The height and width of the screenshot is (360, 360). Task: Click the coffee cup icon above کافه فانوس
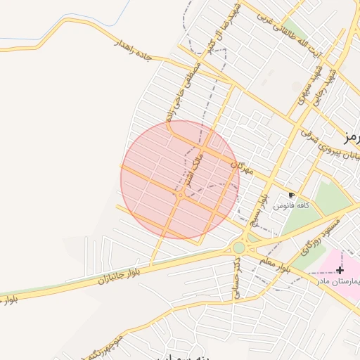point(292,195)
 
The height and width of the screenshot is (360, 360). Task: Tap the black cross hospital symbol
point(340,270)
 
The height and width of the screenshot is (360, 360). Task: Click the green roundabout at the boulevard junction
point(239,247)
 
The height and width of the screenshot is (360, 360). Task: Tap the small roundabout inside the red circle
point(181,195)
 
